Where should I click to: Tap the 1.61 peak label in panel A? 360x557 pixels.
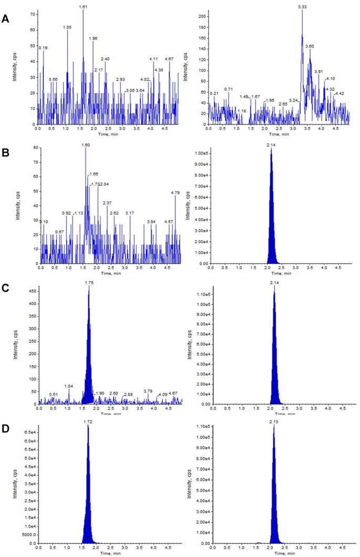point(83,7)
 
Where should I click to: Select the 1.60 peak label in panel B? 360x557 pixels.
point(86,145)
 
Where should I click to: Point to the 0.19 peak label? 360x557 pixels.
point(43,48)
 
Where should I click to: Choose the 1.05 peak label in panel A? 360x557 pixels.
point(67,27)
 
